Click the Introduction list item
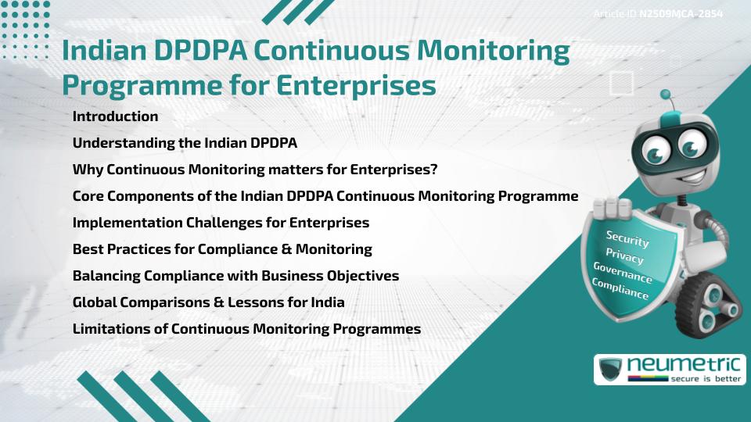click(115, 116)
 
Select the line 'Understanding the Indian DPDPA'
click(185, 143)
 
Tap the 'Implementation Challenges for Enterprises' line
click(221, 223)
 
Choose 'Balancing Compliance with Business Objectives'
click(235, 276)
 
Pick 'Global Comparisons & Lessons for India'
click(208, 302)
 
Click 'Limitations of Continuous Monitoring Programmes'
click(246, 329)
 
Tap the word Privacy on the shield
click(624, 256)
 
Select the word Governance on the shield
click(623, 273)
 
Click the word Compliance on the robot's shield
click(620, 289)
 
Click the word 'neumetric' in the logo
click(685, 365)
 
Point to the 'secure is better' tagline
click(706, 379)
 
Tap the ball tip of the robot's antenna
click(665, 95)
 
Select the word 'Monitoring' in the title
click(494, 51)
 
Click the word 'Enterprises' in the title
click(356, 86)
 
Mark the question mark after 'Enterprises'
click(434, 170)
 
